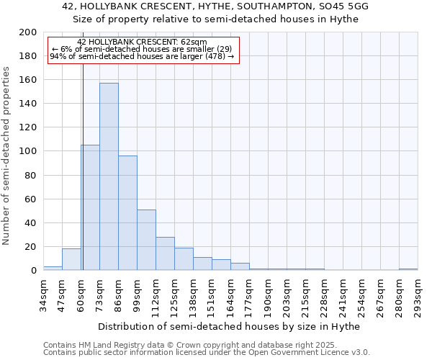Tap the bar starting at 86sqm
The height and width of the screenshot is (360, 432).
[x=127, y=212]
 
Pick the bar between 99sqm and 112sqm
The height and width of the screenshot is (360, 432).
[x=146, y=240]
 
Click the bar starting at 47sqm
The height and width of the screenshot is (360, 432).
[x=71, y=259]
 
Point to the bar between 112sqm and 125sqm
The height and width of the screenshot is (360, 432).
[x=165, y=253]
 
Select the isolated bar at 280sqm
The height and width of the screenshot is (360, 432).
[x=408, y=269]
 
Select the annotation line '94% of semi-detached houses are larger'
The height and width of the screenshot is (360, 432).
[x=142, y=57]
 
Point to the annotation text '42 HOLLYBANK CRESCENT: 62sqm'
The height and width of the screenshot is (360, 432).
[x=142, y=42]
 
